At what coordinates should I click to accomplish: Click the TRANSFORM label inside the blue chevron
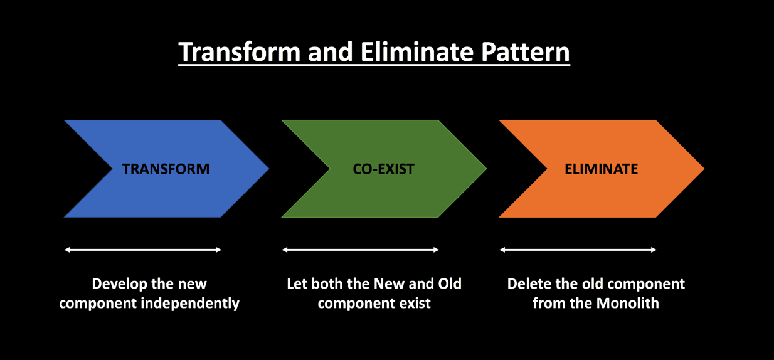(166, 169)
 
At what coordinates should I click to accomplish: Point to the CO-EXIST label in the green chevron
(383, 169)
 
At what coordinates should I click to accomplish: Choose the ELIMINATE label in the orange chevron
(601, 169)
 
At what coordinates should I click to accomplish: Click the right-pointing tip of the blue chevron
(266, 168)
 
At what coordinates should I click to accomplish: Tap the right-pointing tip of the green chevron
(484, 168)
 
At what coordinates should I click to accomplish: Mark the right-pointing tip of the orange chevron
(701, 168)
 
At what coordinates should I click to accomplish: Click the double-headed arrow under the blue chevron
(143, 250)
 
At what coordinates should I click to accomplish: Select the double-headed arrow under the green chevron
(361, 250)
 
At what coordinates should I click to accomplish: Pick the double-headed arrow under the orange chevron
(578, 250)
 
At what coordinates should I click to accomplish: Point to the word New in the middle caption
(390, 283)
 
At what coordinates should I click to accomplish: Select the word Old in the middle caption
(448, 283)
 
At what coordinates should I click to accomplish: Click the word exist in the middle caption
(415, 304)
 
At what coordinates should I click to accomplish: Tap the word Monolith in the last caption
(627, 304)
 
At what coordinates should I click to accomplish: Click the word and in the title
(334, 53)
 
